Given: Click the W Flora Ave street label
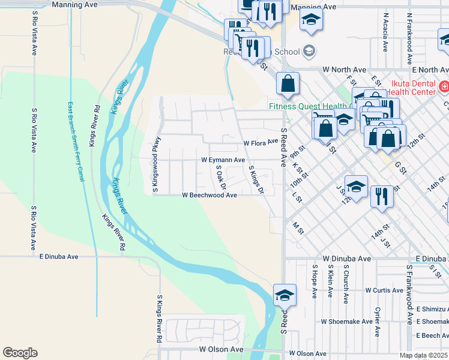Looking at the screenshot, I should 261,143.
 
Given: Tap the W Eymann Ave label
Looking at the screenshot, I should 223,160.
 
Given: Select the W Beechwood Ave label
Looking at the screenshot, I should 209,195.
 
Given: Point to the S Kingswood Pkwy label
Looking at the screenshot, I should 155,172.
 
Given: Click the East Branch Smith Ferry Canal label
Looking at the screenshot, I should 76,141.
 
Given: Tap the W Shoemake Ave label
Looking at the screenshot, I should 346,322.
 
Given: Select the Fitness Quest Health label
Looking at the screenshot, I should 307,106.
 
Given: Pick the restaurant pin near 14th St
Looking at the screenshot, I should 382,196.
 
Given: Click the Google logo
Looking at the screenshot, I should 20,352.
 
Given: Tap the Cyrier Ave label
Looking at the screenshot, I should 378,321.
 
